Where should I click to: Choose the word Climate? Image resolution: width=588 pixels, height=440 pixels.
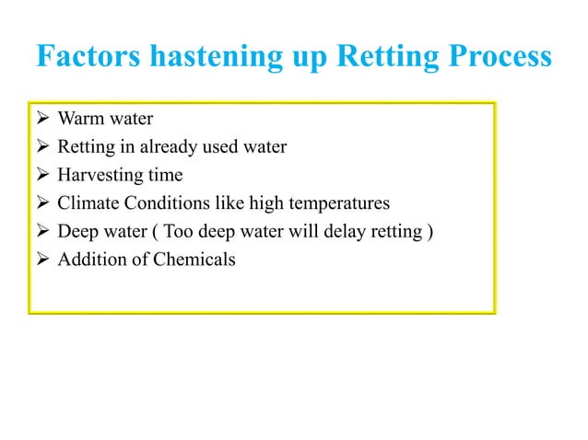point(86,203)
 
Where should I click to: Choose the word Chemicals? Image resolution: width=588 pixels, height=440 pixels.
point(192,260)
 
